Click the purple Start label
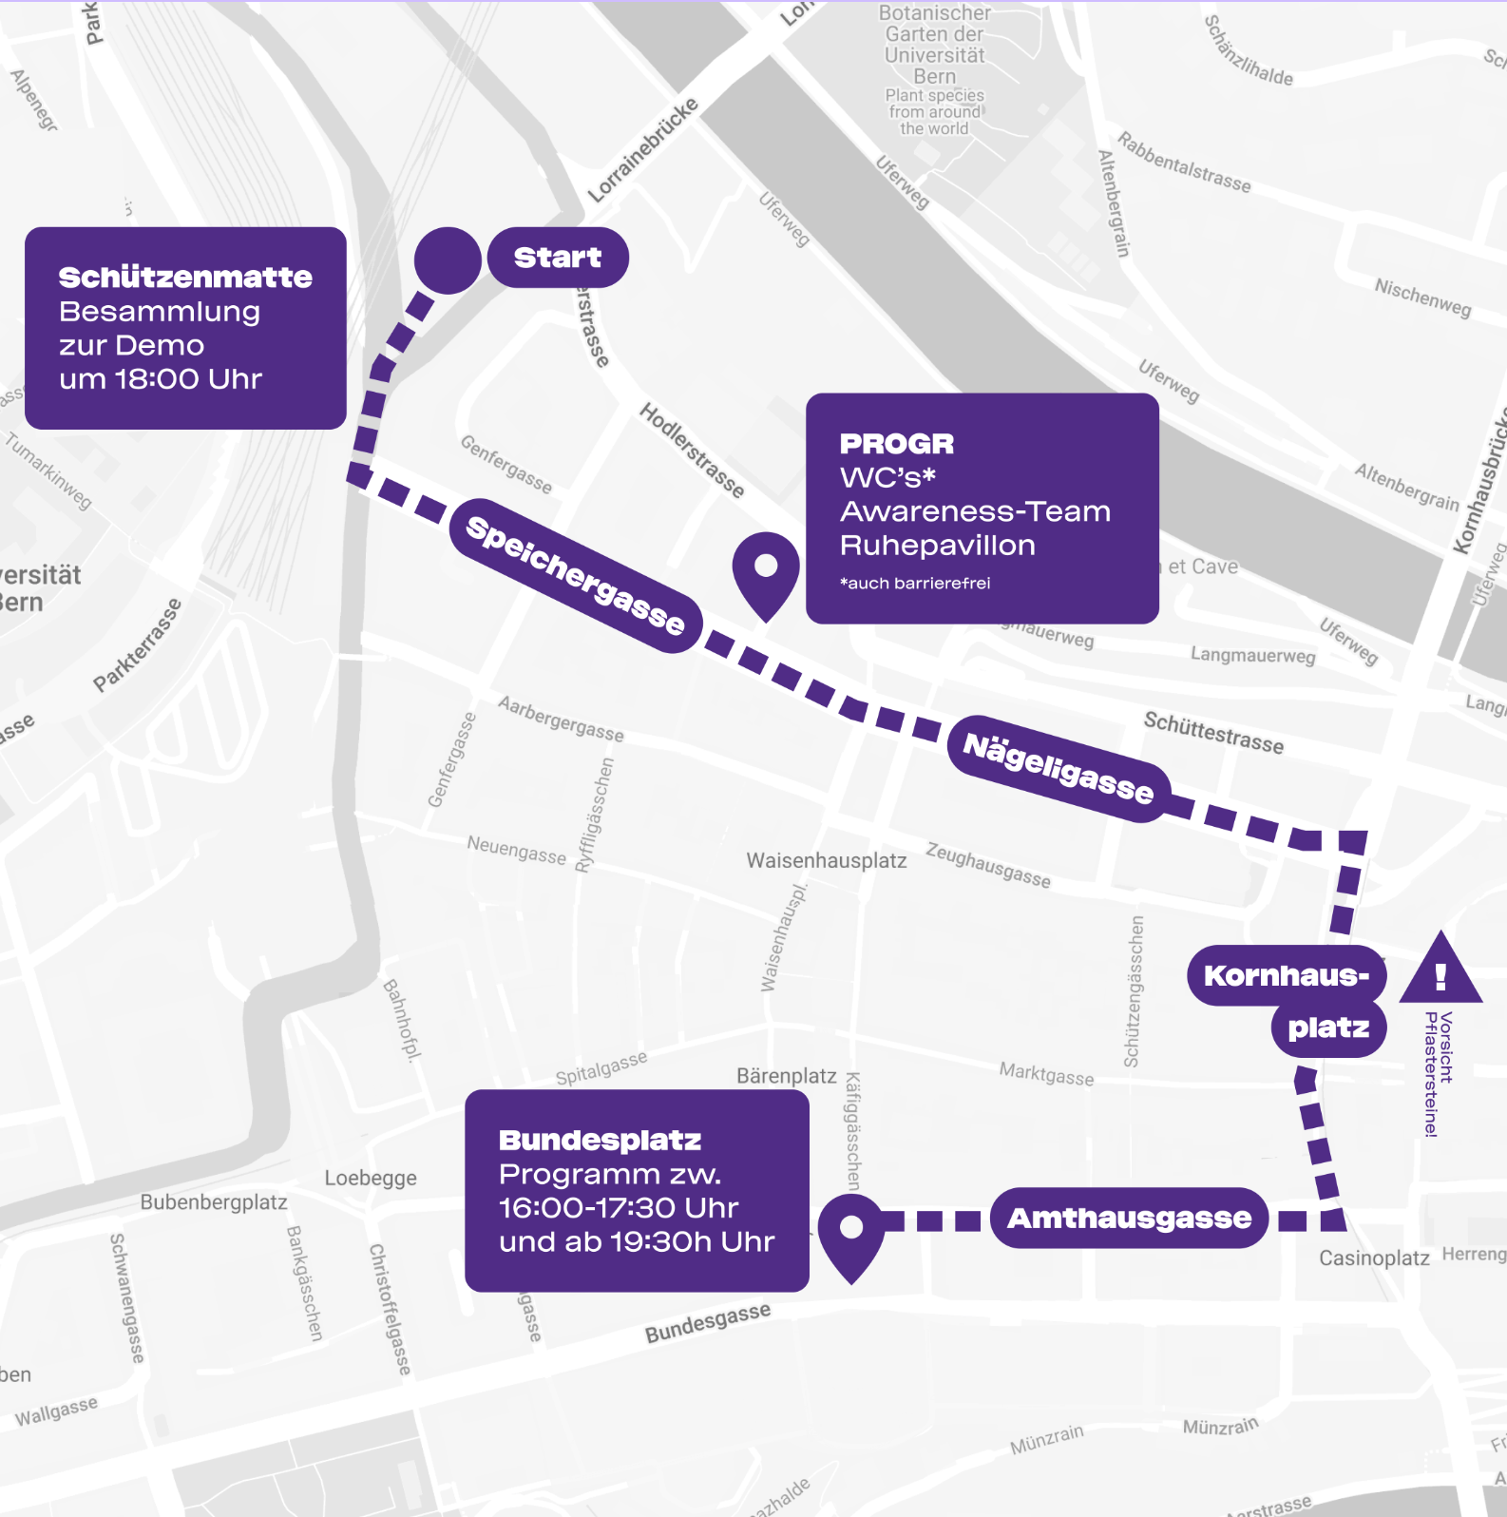point(558,258)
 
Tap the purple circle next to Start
point(448,260)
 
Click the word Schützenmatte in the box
point(185,278)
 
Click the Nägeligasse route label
point(1059,768)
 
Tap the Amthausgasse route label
point(1129,1218)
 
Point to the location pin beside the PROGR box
point(766,570)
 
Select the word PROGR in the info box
point(896,444)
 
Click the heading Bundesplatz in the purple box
point(600,1140)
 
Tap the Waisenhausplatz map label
point(826,860)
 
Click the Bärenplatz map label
point(786,1076)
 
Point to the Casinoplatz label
point(1373,1258)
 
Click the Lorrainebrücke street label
point(642,150)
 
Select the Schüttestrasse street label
point(1213,733)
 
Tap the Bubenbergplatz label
point(214,1202)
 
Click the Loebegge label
point(371,1179)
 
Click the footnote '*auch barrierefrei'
point(914,584)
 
